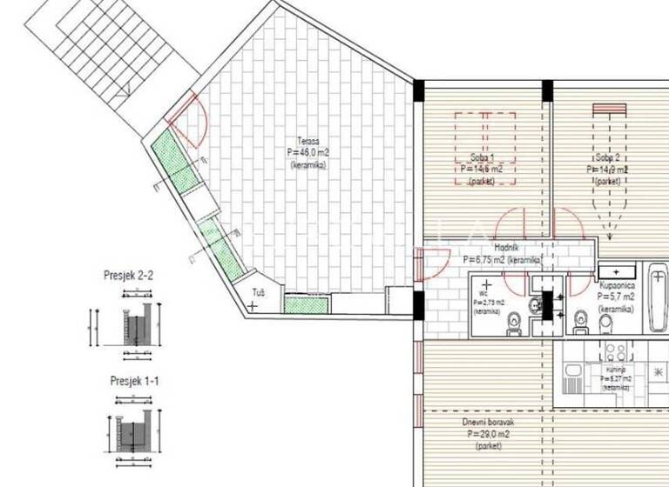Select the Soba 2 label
(608, 158)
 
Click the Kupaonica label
(621, 285)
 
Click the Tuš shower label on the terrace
(259, 292)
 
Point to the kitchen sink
(576, 379)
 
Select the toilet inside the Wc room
(515, 323)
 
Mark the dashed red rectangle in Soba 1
(484, 148)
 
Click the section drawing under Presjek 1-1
(135, 430)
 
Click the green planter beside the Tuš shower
(305, 304)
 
